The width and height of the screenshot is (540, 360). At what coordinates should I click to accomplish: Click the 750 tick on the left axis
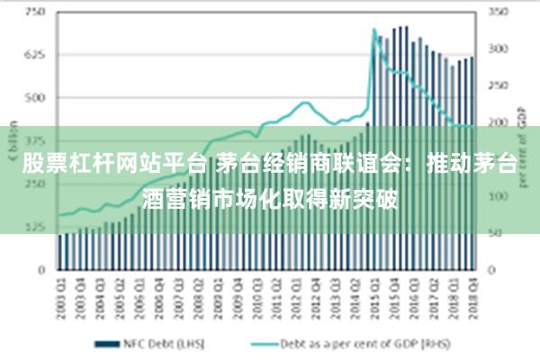[x=35, y=13]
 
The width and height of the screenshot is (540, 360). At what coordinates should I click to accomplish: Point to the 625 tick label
[x=35, y=55]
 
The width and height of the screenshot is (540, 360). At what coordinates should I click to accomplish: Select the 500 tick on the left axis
[x=35, y=97]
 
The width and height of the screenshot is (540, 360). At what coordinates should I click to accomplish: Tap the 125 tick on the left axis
[x=35, y=226]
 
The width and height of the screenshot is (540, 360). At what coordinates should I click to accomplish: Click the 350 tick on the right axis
[x=499, y=13]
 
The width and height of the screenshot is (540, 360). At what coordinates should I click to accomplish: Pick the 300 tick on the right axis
[x=499, y=49]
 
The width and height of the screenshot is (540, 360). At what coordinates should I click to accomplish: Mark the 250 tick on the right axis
[x=499, y=86]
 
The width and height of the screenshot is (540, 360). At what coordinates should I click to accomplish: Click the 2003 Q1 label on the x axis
[x=61, y=293]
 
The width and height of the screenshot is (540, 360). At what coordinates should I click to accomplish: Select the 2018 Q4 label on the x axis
[x=471, y=293]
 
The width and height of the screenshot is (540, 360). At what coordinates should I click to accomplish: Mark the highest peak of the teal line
[x=374, y=30]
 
